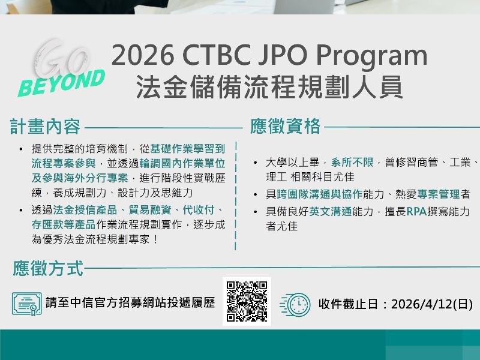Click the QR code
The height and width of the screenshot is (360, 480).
pyautogui.click(x=247, y=301)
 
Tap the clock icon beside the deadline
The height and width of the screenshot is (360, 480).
pyautogui.click(x=295, y=304)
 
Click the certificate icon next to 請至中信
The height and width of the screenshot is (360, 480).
pyautogui.click(x=27, y=304)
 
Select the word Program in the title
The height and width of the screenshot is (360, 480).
pyautogui.click(x=372, y=56)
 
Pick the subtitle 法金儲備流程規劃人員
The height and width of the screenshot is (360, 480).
pyautogui.click(x=269, y=86)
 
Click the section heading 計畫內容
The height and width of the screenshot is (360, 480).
pyautogui.click(x=45, y=127)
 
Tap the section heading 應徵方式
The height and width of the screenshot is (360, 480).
pyautogui.click(x=48, y=268)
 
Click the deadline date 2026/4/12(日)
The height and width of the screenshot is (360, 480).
pyautogui.click(x=431, y=304)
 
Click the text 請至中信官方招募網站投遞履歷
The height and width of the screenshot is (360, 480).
pyautogui.click(x=130, y=304)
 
